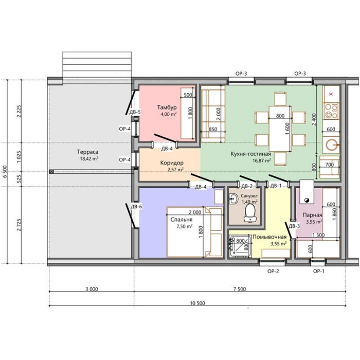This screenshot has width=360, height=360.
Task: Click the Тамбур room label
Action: (167, 107)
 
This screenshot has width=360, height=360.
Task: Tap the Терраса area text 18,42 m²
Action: (89, 158)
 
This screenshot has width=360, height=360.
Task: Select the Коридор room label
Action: (172, 163)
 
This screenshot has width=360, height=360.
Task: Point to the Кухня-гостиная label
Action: (251, 154)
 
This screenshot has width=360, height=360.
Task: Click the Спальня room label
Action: (182, 220)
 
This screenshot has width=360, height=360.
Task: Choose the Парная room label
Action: (312, 215)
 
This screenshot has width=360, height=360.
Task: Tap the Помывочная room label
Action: (269, 237)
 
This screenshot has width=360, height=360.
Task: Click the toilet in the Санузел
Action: (249, 213)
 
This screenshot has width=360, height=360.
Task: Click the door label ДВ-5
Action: (135, 112)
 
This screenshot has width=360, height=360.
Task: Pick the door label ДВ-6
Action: (136, 207)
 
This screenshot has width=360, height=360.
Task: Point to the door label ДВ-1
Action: (276, 186)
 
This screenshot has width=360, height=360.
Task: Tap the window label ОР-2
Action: (273, 271)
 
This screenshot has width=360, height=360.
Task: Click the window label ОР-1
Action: (319, 271)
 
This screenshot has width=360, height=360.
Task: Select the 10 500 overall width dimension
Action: (197, 303)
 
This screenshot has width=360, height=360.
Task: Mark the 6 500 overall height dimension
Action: (5, 171)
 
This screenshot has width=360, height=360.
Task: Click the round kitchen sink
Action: (331, 145)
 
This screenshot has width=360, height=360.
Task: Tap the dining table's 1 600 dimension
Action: (287, 129)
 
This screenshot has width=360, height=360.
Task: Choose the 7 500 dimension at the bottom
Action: (240, 289)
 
